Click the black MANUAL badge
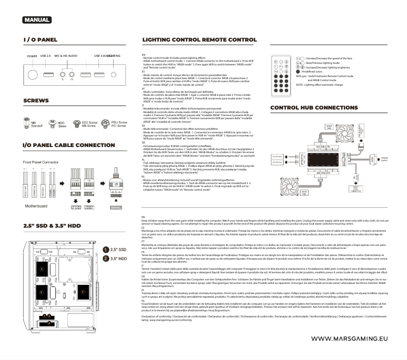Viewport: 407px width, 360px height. [37, 20]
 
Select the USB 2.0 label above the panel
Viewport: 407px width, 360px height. [46, 56]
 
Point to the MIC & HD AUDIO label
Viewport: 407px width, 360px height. [66, 56]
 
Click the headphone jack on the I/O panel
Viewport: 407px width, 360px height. [72, 74]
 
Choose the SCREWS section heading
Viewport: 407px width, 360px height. [37, 101]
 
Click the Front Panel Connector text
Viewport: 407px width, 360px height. [43, 162]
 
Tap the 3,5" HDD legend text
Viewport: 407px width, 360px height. [119, 259]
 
